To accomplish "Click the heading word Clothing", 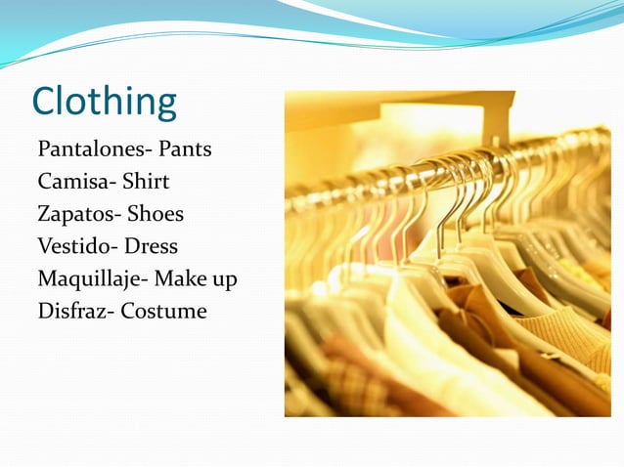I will point(105,102).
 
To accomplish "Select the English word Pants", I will point(185,150).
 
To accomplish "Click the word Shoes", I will point(156,214).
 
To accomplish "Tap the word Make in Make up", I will point(182,278).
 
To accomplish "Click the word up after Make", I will point(225,280).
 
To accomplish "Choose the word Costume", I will point(164,312).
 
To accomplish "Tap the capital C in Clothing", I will point(45,102).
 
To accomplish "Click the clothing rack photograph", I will point(447,254).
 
